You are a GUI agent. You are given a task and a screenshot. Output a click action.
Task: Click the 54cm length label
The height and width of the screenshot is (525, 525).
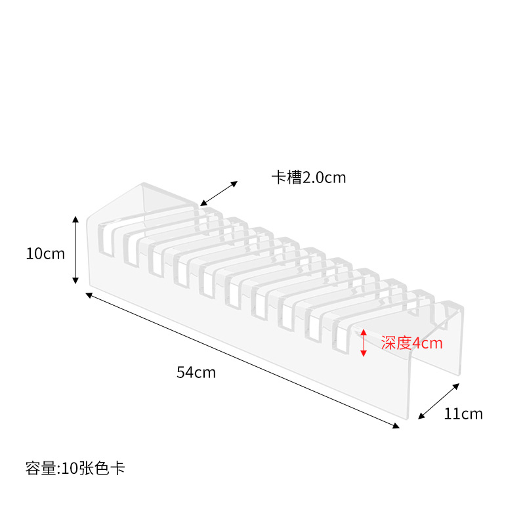tap(196, 373)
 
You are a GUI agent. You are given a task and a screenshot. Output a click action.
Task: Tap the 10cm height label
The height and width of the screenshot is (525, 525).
tap(45, 253)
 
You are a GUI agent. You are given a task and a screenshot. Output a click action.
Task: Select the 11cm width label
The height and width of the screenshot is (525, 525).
tap(463, 413)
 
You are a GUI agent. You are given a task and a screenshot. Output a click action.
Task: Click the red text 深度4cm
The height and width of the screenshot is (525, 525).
tap(411, 343)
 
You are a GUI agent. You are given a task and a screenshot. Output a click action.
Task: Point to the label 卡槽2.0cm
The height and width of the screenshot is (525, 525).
tap(308, 177)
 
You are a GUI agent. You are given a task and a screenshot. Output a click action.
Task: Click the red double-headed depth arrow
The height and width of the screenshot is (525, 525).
tap(364, 343)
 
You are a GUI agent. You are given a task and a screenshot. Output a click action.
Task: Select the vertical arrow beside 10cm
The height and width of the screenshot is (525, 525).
tap(75, 250)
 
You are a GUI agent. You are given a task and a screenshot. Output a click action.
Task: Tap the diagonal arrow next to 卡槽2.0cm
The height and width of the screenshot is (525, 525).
tap(219, 194)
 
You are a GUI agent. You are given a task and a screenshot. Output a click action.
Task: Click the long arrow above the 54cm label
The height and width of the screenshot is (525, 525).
tap(242, 360)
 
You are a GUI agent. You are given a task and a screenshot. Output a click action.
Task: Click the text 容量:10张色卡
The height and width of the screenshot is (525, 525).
tap(75, 468)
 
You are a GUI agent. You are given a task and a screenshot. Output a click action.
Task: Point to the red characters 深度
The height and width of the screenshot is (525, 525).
tap(396, 343)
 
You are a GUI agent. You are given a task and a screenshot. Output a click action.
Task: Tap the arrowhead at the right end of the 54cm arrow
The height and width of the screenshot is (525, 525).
tap(396, 426)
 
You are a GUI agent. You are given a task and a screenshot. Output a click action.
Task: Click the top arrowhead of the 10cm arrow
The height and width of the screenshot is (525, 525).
tap(75, 219)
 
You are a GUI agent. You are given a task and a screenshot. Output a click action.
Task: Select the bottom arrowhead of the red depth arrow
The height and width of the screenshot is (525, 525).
tap(364, 355)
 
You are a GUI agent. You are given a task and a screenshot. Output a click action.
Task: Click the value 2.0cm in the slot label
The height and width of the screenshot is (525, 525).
tap(324, 177)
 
